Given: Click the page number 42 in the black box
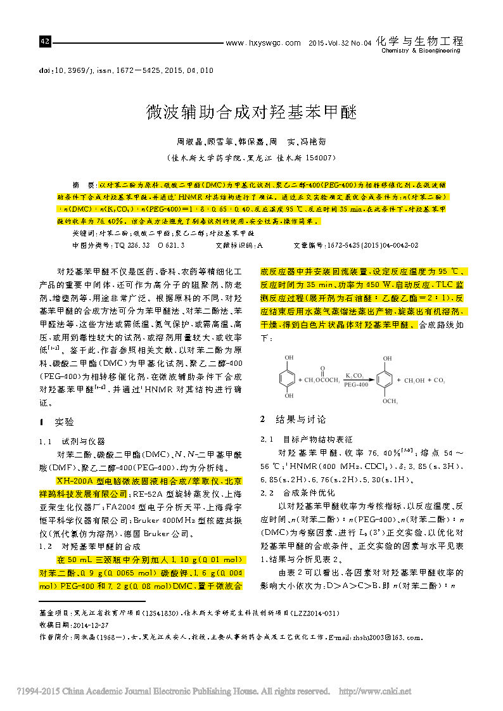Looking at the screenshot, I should pos(44,42).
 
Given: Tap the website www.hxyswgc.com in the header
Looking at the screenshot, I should pos(263,43).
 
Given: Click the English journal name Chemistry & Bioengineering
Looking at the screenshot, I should pos(420,51).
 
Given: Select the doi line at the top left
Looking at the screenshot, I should pos(126,70).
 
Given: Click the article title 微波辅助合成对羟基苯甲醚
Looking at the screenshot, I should pos(251,113).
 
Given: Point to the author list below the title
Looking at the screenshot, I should pos(251,143).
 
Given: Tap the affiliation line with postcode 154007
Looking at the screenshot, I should pos(251,157).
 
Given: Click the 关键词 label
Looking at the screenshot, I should pos(85,233).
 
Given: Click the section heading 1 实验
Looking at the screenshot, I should pos(57,422).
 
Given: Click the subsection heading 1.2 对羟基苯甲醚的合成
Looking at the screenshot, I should pos(89,546).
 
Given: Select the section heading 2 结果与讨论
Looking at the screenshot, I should pos(293,419).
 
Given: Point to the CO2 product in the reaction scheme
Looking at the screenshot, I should pos(440,380).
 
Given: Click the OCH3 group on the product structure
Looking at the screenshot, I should pos(390,401).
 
